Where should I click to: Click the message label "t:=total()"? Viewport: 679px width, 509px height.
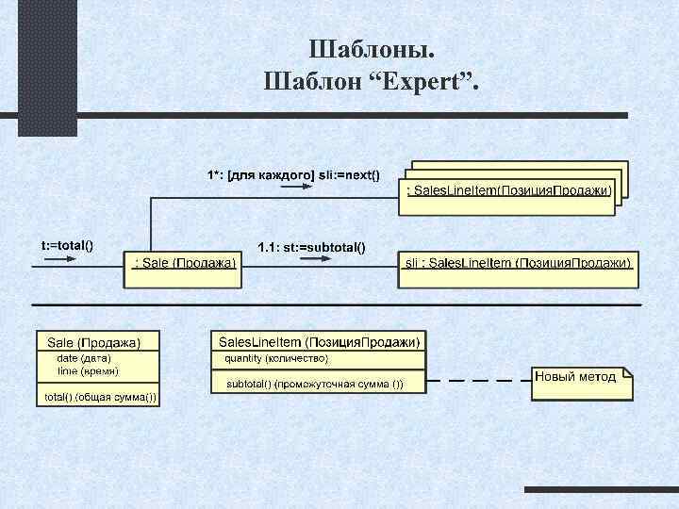(x=67, y=245)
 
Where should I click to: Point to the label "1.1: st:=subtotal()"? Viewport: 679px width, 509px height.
(x=312, y=248)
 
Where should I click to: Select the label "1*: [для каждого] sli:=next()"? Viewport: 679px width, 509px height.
(x=293, y=174)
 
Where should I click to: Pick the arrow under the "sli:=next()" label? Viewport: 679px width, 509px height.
(x=295, y=187)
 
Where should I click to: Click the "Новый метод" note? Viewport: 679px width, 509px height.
(x=577, y=377)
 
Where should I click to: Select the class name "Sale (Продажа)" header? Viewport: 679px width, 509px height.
(x=94, y=341)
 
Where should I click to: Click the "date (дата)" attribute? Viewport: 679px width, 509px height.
(x=85, y=358)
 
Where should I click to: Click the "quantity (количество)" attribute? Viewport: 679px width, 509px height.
(x=276, y=358)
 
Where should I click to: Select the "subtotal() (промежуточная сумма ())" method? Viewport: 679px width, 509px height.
(x=314, y=384)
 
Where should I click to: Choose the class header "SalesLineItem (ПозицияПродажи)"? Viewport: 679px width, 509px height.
(x=319, y=340)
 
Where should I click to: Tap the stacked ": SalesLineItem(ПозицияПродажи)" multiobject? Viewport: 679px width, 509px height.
(x=509, y=191)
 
